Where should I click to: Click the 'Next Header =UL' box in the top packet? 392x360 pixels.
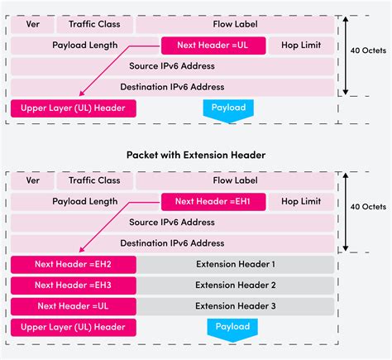tap(213, 46)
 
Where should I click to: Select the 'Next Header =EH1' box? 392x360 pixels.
tap(213, 202)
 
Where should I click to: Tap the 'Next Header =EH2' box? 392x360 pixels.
tap(74, 265)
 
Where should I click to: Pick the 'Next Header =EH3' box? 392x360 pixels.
tap(74, 286)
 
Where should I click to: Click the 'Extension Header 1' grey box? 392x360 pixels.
tap(236, 265)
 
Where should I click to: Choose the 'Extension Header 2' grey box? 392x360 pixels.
tap(236, 286)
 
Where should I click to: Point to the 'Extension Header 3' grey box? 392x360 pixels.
tap(236, 306)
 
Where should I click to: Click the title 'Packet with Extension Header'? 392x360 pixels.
tap(196, 155)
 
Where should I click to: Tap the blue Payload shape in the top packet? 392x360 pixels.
tap(228, 110)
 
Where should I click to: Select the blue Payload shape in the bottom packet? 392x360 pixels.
tap(232, 329)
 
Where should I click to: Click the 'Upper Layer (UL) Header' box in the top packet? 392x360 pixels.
tap(74, 108)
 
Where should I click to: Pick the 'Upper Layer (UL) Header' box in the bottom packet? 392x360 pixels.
tap(74, 328)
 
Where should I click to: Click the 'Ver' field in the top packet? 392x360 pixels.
tap(32, 24)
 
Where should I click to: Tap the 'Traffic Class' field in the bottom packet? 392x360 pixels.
tap(94, 180)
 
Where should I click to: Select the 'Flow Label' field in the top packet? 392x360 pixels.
tap(235, 24)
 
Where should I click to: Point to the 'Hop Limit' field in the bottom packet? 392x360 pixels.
tap(301, 202)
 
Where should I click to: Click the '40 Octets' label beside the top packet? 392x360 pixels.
tap(368, 50)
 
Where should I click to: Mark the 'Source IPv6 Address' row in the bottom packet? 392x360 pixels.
tap(172, 223)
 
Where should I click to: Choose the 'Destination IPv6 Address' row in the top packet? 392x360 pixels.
tap(172, 88)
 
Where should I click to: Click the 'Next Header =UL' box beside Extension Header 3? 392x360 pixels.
tap(74, 306)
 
